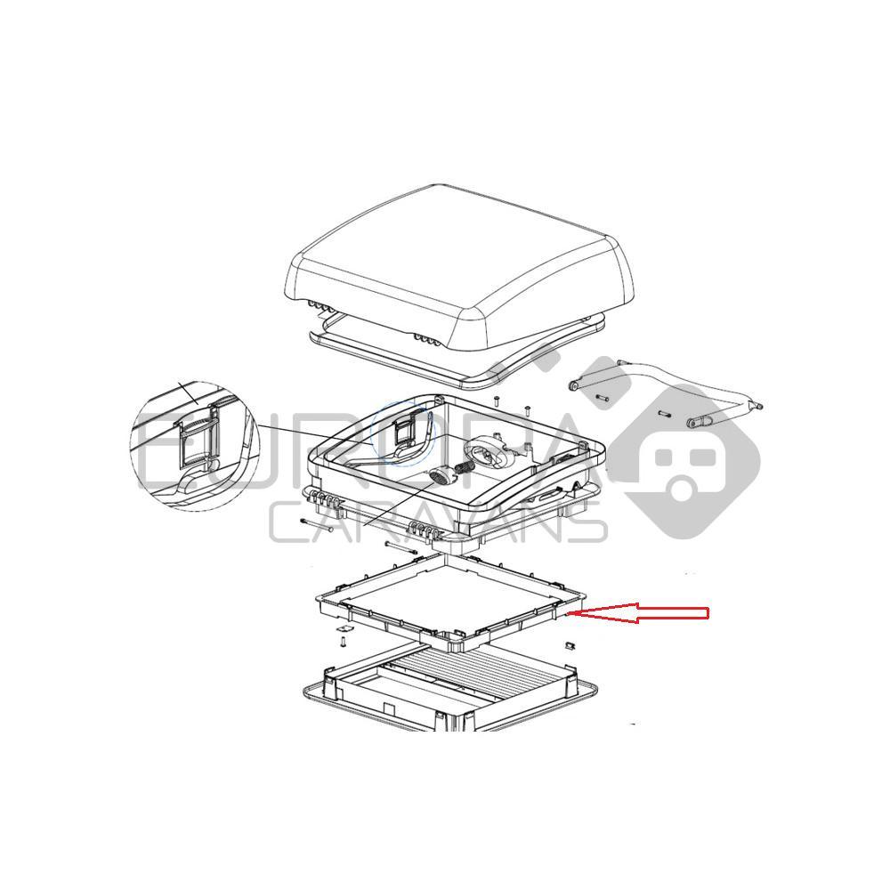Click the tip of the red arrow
(x=580, y=612)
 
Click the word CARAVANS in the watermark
(x=436, y=525)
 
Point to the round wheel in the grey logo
(x=684, y=489)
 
